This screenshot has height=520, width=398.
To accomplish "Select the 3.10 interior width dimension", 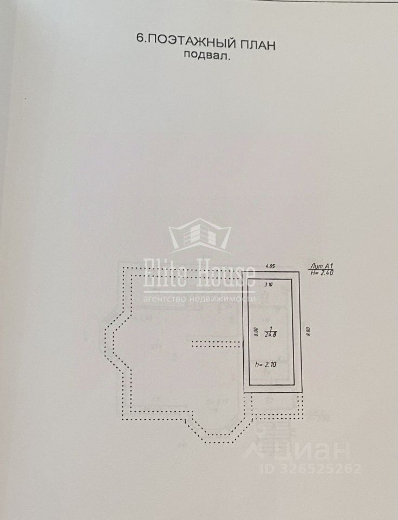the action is [x=268, y=284].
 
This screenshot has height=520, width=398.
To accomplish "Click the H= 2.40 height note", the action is [x=321, y=273].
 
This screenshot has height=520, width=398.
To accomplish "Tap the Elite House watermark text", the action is [x=199, y=276].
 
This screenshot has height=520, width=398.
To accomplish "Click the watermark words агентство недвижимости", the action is [x=199, y=298].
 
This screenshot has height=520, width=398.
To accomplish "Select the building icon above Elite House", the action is [x=199, y=237].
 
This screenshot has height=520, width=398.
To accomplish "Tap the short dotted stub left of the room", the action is [x=216, y=342].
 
